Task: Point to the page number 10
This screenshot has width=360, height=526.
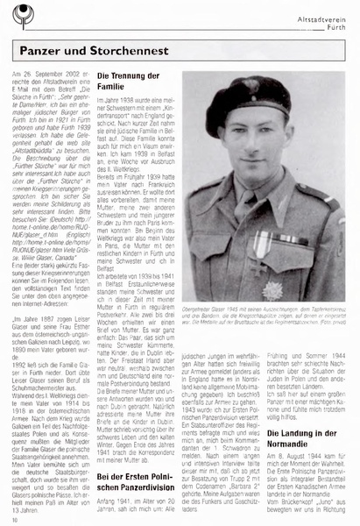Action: click(x=16, y=519)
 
